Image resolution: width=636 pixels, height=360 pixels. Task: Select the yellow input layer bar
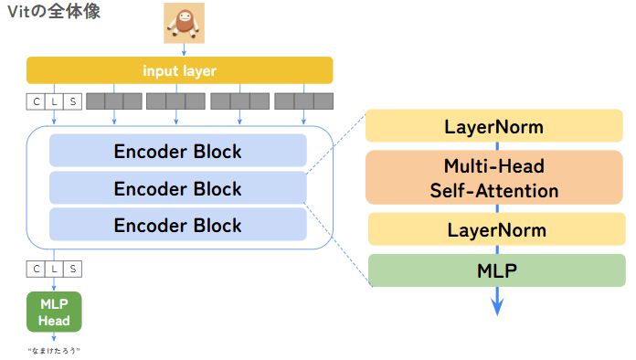click(x=179, y=70)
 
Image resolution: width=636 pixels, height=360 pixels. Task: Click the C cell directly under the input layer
click(x=36, y=101)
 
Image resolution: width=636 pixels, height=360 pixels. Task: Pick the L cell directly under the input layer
click(x=54, y=101)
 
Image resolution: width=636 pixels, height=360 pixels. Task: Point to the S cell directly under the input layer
click(x=72, y=101)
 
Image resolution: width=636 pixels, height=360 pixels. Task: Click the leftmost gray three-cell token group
click(x=114, y=101)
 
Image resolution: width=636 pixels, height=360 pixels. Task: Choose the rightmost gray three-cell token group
click(x=304, y=101)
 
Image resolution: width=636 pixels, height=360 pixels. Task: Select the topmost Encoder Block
click(x=178, y=151)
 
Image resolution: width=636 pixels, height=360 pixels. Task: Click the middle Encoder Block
click(x=178, y=188)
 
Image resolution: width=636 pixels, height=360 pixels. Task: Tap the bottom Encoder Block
click(x=178, y=225)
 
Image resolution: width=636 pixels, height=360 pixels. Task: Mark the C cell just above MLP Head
click(x=36, y=269)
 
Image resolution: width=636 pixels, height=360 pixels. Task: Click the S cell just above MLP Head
click(x=72, y=269)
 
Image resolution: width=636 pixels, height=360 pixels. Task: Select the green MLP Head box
click(x=54, y=312)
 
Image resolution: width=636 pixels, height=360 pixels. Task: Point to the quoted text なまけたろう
click(x=54, y=350)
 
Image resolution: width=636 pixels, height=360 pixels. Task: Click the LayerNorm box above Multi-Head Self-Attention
click(x=495, y=126)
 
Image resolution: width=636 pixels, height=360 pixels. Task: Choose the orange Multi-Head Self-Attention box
click(x=495, y=178)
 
